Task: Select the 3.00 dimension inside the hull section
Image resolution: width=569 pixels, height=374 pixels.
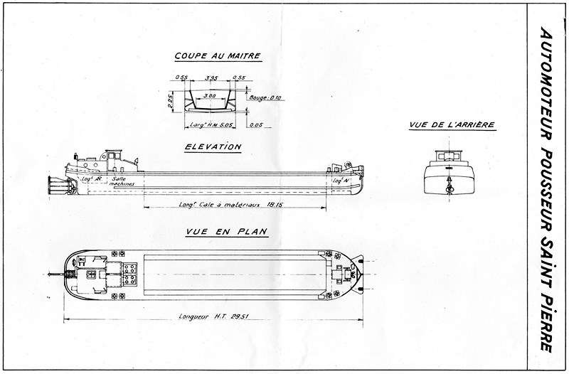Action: [x=211, y=95]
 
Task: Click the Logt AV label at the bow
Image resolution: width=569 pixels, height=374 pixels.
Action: [x=339, y=181]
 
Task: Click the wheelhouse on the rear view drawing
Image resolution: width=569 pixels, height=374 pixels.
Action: [x=447, y=156]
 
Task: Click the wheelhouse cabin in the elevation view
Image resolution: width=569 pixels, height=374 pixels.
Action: [x=113, y=158]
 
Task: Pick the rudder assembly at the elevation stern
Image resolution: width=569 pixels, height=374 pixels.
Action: [x=55, y=185]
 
